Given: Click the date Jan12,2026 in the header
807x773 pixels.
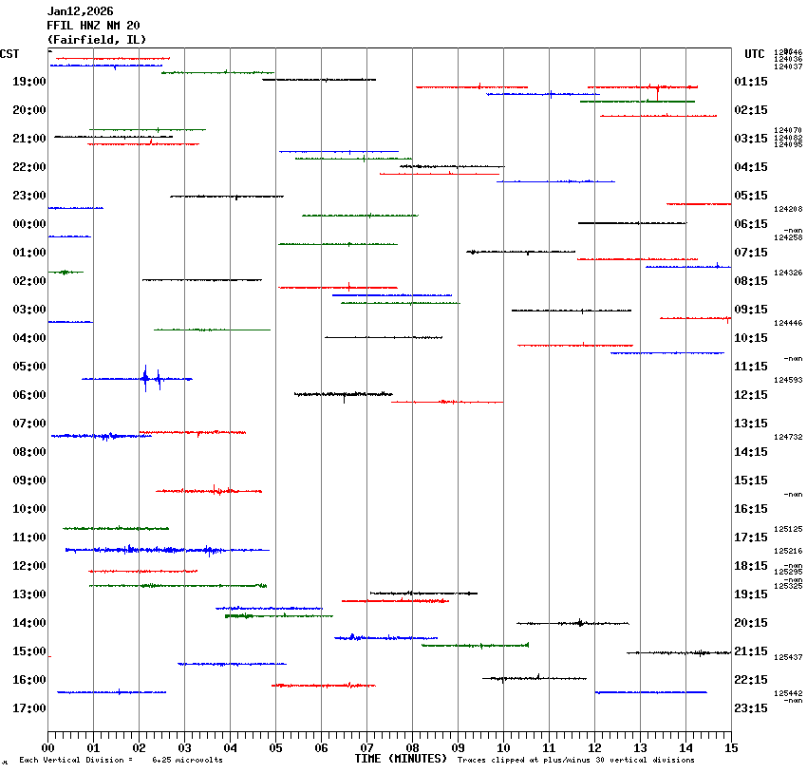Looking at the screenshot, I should (80, 11).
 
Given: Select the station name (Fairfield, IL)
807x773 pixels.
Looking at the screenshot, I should (90, 39).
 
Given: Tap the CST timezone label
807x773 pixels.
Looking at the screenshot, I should (9, 54).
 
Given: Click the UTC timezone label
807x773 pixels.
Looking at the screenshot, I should (755, 54).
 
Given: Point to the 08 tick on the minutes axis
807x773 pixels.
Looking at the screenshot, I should (412, 748).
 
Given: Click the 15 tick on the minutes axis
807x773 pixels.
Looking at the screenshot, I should (731, 748).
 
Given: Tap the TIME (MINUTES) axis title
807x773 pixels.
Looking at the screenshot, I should (400, 759).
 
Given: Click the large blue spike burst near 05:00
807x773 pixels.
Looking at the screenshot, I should (145, 378).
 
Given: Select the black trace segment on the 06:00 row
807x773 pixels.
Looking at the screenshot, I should (343, 393).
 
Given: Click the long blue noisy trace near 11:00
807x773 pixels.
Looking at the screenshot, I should (167, 550).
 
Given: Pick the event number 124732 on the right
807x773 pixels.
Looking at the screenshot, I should (788, 437).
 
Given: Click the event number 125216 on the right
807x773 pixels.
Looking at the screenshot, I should (788, 551).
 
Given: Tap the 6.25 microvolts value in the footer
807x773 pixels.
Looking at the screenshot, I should (187, 761).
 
